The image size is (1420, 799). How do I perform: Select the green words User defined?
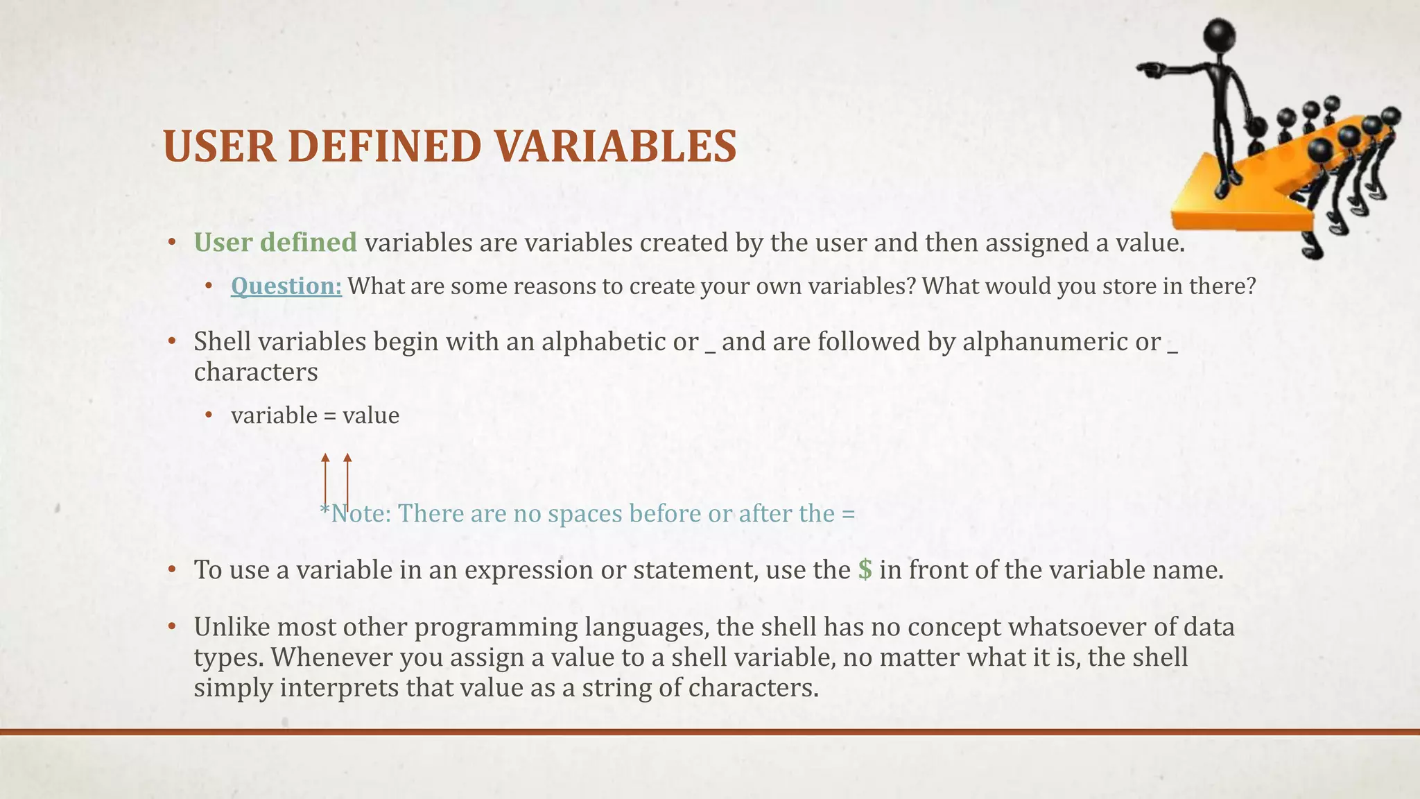pyautogui.click(x=275, y=243)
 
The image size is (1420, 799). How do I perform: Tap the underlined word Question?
pyautogui.click(x=286, y=286)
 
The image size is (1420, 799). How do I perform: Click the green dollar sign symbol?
pyautogui.click(x=865, y=570)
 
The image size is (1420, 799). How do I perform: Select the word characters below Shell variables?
pyautogui.click(x=256, y=372)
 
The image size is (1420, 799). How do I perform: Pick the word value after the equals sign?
pyautogui.click(x=371, y=416)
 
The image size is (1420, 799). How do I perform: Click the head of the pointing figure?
pyautogui.click(x=1220, y=35)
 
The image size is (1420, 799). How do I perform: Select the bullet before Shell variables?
pyautogui.click(x=173, y=342)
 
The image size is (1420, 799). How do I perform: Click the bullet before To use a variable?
pyautogui.click(x=173, y=570)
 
